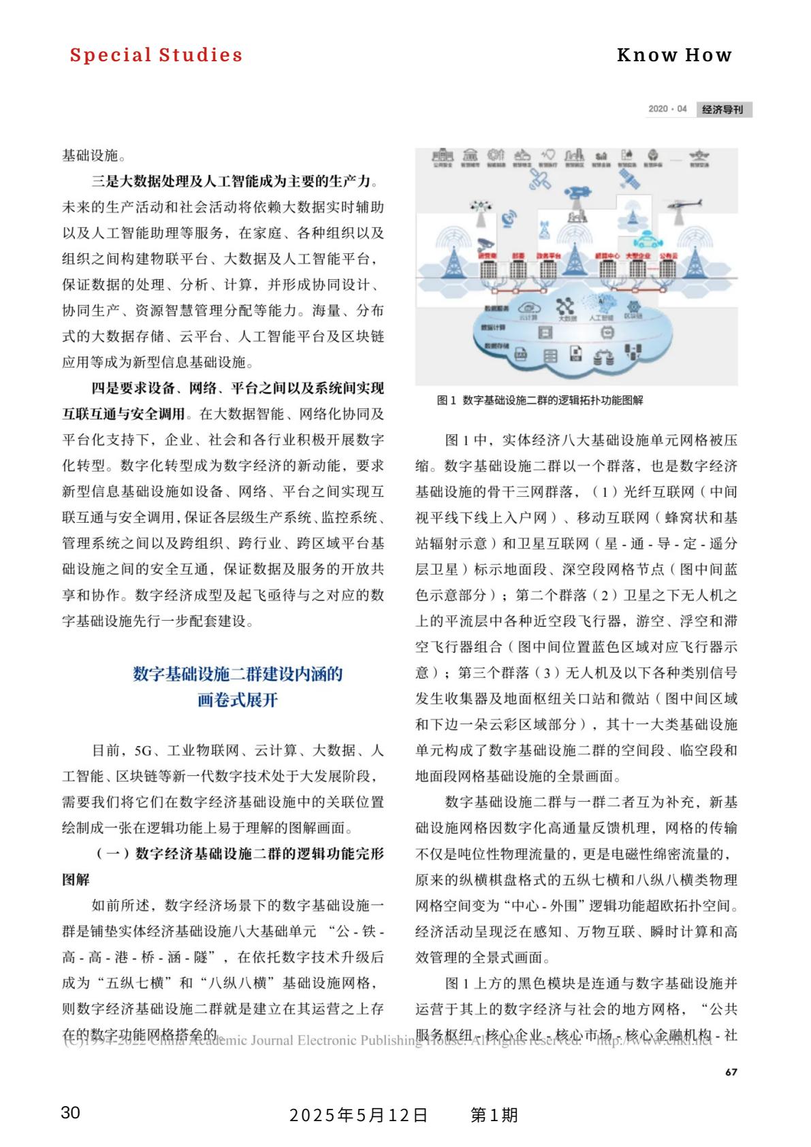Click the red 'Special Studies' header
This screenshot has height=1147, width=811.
click(x=156, y=55)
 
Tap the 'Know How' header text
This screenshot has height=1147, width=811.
click(x=673, y=55)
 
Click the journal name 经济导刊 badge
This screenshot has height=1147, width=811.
click(x=722, y=110)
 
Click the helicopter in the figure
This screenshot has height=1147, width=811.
click(x=684, y=204)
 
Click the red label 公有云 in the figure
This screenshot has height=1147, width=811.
click(x=670, y=256)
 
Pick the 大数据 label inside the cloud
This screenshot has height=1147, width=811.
click(x=567, y=318)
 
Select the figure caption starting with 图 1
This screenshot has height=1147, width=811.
click(x=539, y=400)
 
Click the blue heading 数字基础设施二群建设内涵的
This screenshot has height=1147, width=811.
click(x=238, y=675)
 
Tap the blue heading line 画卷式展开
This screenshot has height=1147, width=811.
click(x=238, y=700)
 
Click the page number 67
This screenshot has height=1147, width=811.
click(x=731, y=1072)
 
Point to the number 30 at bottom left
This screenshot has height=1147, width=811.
click(x=71, y=1113)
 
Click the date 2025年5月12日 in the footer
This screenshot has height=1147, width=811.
click(x=359, y=1115)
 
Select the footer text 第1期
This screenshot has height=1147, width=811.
click(x=494, y=1115)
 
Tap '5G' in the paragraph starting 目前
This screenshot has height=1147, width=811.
click(x=144, y=751)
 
